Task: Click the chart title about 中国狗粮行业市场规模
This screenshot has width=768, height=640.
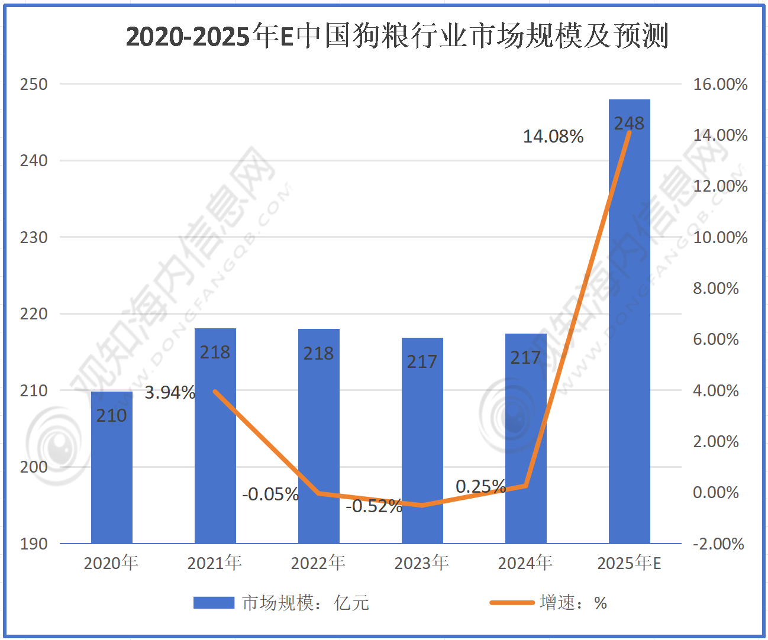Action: tap(397, 36)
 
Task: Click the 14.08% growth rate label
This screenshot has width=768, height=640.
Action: tap(553, 137)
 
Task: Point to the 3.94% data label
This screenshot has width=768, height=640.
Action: tap(170, 392)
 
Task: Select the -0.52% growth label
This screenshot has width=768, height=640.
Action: tap(374, 506)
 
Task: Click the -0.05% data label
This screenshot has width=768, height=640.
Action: tap(270, 494)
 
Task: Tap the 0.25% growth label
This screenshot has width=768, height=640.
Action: tap(480, 486)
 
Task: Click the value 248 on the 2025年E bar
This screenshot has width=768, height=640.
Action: tap(629, 123)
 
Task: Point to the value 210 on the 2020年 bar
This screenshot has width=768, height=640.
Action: tap(112, 415)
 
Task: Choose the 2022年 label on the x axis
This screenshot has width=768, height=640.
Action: tap(318, 563)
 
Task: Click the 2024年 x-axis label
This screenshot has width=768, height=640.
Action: tap(525, 563)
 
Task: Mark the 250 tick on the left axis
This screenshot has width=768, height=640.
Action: tap(34, 84)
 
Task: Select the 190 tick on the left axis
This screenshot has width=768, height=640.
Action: tap(34, 544)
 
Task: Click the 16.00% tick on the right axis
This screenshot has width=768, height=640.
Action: tap(720, 84)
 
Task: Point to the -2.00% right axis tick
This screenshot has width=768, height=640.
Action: tap(718, 544)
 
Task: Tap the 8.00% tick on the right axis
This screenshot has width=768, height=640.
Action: tap(716, 289)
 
